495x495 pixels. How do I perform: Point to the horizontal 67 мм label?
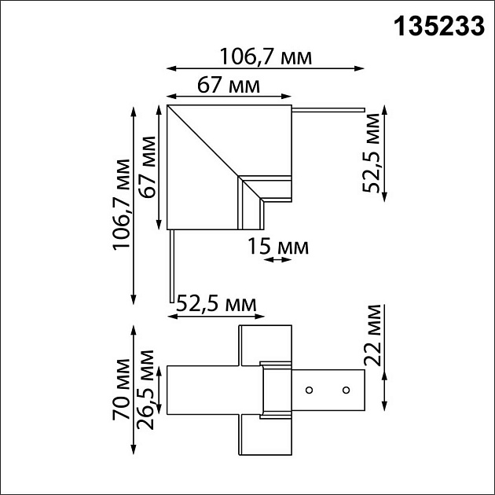coord(228,86)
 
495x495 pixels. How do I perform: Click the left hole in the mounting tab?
coord(310,390)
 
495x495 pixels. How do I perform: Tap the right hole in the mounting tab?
coord(345,390)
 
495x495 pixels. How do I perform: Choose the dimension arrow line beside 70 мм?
coord(133,390)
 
